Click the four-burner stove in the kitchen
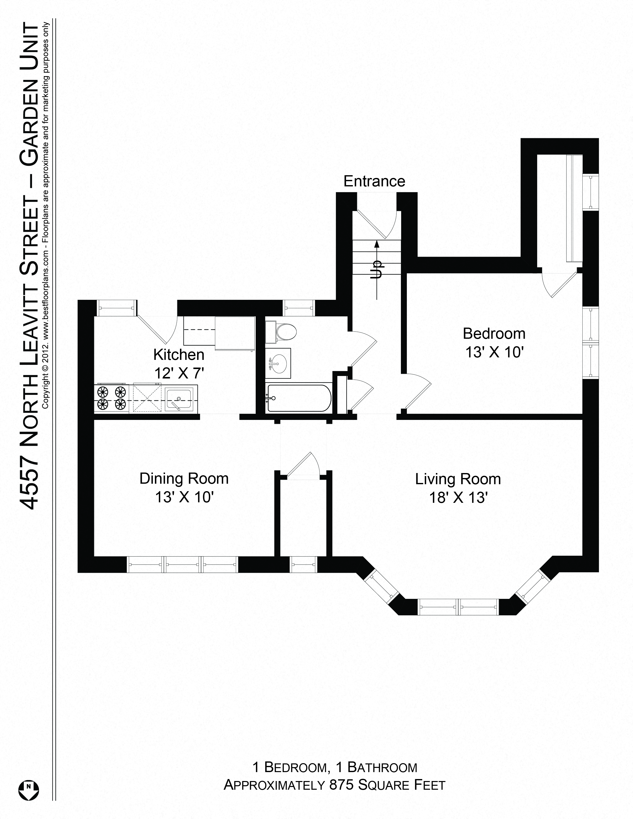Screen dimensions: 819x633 pos(111,398)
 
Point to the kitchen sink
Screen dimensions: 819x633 pos(179,399)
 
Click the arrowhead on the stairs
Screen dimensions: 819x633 pos(377,244)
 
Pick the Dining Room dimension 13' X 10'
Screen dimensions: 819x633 pos(184,497)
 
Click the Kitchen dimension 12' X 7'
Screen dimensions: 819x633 pos(179,373)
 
